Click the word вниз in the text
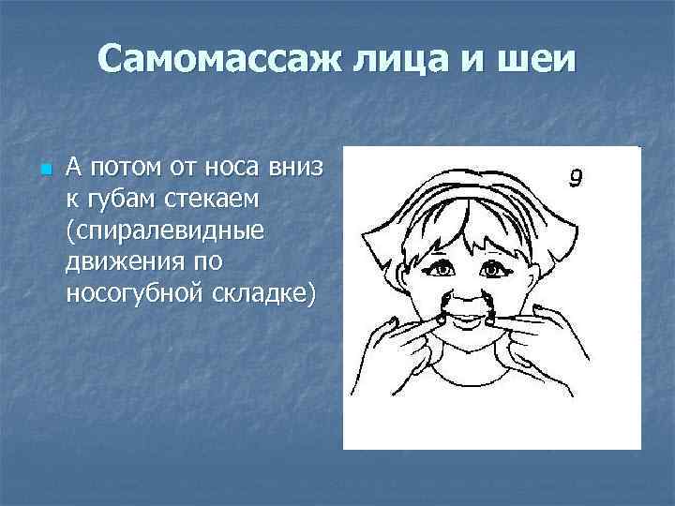tap(294, 169)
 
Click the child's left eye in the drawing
tap(490, 270)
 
